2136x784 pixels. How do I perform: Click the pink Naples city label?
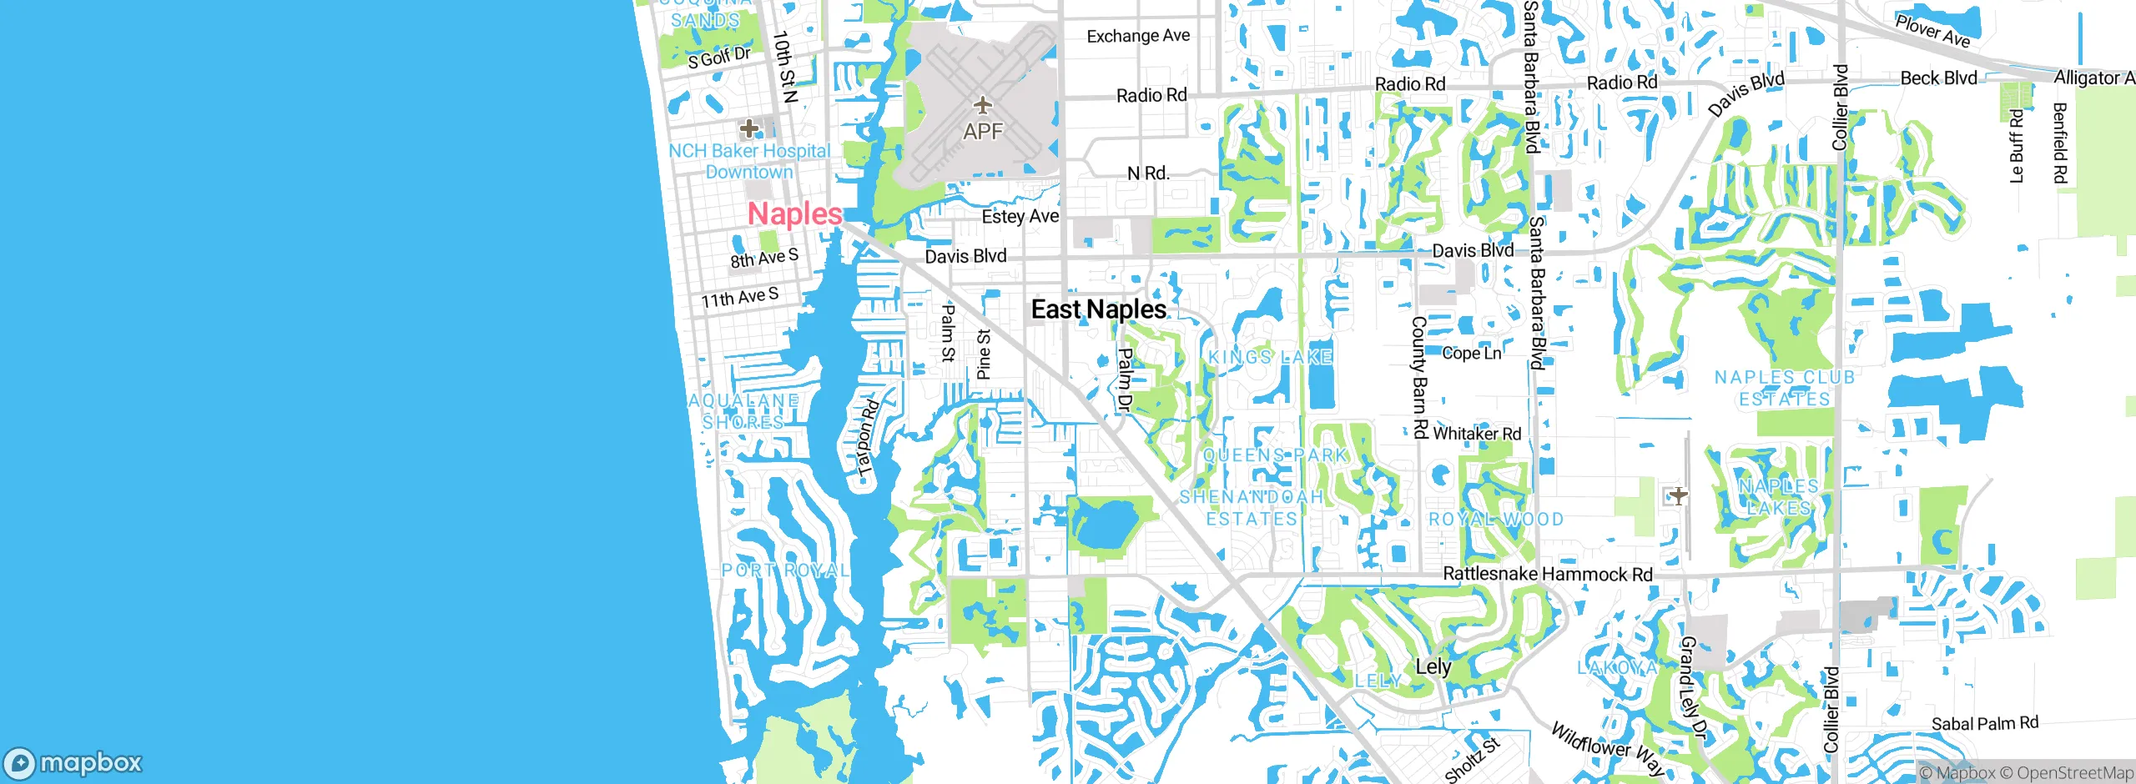794,214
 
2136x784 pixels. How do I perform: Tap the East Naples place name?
1098,309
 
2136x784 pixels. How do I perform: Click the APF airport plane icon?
983,106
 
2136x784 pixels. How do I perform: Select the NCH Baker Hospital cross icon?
749,128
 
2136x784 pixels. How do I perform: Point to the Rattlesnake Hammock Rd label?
1547,574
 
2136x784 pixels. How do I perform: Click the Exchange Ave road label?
1138,36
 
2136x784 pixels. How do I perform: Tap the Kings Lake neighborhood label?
1270,357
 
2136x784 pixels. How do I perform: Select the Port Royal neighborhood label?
785,570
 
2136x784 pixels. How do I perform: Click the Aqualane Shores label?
743,411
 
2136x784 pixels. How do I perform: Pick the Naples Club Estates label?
1784,389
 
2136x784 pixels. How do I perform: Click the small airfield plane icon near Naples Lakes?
1678,496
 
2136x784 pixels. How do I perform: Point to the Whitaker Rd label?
1477,434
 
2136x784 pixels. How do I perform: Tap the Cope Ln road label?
1471,354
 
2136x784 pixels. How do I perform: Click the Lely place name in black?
1433,666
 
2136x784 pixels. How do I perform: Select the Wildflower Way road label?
1607,748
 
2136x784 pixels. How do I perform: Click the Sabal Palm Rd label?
1984,724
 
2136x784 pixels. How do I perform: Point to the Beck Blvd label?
1938,78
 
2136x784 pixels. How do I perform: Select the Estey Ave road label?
1020,217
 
